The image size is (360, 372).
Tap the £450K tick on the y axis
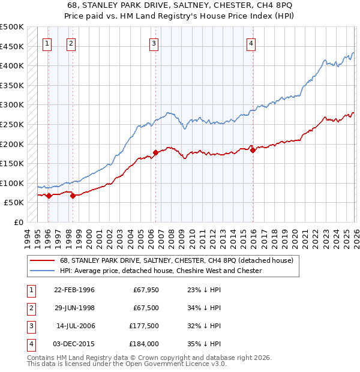(x=12, y=46)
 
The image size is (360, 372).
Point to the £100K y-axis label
(x=12, y=183)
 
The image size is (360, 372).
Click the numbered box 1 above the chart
(x=47, y=43)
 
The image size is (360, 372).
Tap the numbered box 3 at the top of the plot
(x=154, y=43)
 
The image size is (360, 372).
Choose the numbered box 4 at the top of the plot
(x=251, y=43)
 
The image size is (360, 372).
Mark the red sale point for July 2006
(x=155, y=152)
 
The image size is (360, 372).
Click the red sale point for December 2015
(x=253, y=151)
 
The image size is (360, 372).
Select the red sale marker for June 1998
(x=73, y=196)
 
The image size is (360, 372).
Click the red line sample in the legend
(x=42, y=261)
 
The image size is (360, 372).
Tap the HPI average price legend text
(x=161, y=271)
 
